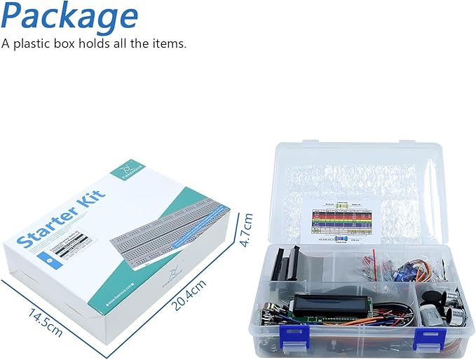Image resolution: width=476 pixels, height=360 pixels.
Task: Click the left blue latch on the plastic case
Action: (x=293, y=335)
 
